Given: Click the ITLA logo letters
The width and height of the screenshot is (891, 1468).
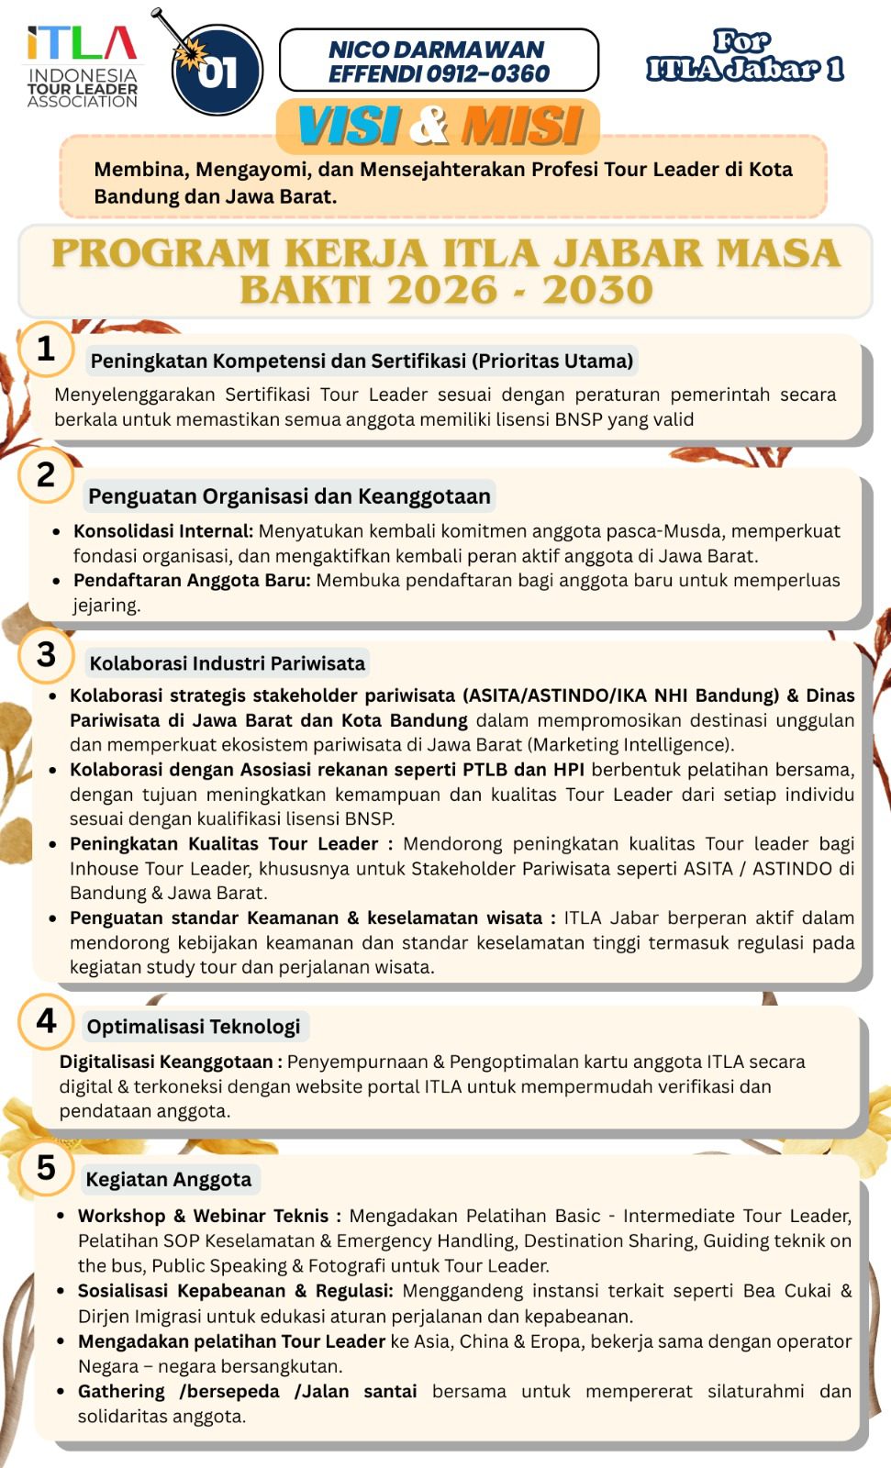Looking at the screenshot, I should [x=82, y=43].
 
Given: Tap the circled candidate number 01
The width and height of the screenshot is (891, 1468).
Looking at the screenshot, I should [x=217, y=71].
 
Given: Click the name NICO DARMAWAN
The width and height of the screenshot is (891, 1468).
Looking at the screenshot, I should [x=437, y=50].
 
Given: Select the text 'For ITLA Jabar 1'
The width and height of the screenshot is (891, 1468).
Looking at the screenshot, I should [x=744, y=56].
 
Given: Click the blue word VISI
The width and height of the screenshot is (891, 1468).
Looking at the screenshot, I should [x=350, y=126].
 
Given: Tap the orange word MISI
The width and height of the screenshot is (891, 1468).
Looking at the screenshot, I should [x=521, y=126].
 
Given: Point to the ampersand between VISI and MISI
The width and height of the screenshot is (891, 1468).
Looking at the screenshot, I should [x=429, y=126].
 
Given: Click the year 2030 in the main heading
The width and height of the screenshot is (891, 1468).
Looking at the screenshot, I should [x=597, y=291].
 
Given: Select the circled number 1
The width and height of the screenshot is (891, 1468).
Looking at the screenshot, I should [x=46, y=349].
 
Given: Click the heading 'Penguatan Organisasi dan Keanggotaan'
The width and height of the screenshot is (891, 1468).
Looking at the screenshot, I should [x=289, y=496].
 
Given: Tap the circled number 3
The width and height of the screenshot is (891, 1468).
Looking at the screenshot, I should [x=46, y=654].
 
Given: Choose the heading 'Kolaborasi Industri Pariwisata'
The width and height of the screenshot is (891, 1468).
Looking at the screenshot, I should [x=227, y=663].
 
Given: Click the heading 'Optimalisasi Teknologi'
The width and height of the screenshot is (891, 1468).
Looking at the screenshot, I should [x=194, y=1027].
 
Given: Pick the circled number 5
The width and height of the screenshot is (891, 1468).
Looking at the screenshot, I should [x=46, y=1168].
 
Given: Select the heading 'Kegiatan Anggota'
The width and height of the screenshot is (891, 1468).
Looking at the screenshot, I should [x=169, y=1179].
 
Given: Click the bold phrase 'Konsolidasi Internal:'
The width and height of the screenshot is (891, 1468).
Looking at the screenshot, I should [x=163, y=531].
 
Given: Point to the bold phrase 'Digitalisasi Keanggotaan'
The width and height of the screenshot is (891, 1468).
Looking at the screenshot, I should [x=166, y=1062].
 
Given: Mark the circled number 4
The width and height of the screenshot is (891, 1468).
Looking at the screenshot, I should [x=46, y=1020].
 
